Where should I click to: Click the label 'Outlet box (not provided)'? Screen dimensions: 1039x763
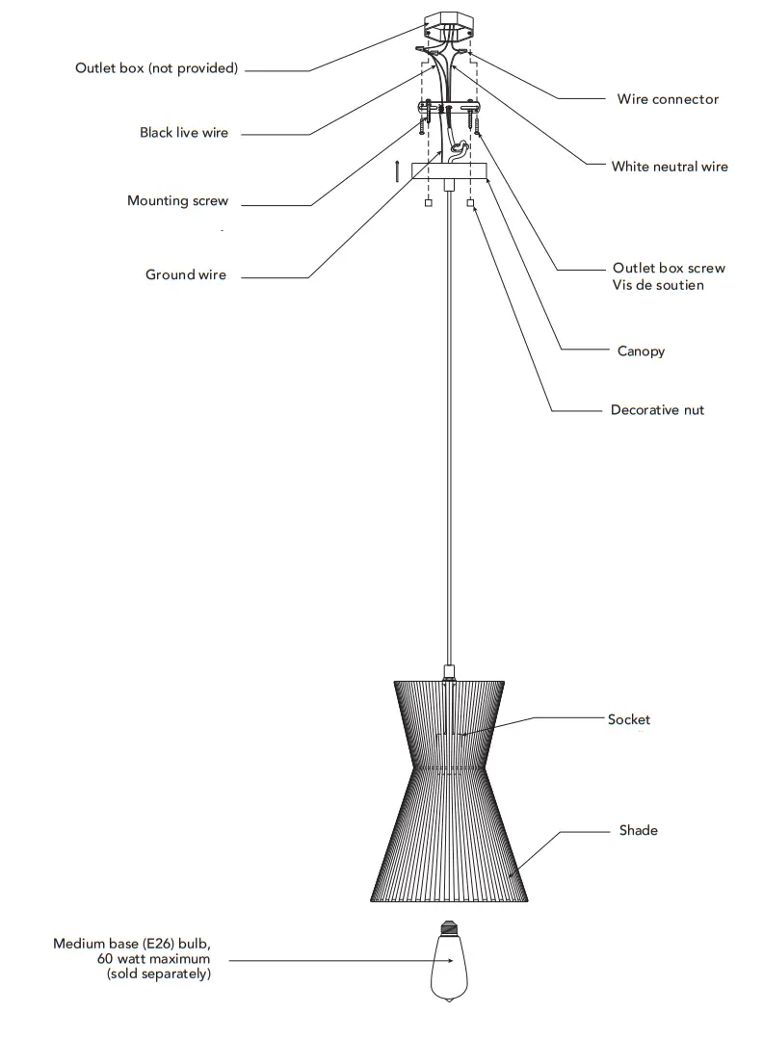pyautogui.click(x=156, y=68)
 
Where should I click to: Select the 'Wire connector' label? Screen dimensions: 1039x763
pyautogui.click(x=668, y=99)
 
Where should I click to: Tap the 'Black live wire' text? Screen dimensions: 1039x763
pyautogui.click(x=184, y=133)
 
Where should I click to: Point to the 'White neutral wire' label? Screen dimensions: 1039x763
pyautogui.click(x=670, y=167)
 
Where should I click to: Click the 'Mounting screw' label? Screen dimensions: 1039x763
pyautogui.click(x=177, y=201)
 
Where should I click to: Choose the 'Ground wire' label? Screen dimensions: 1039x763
pyautogui.click(x=186, y=275)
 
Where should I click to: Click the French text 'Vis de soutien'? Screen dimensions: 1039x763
pyautogui.click(x=657, y=285)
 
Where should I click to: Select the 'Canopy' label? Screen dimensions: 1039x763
pyautogui.click(x=641, y=351)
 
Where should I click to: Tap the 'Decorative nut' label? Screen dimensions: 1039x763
pyautogui.click(x=657, y=410)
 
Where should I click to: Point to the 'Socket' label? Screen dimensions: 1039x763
pyautogui.click(x=628, y=719)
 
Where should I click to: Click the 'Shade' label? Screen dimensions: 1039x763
pyautogui.click(x=638, y=830)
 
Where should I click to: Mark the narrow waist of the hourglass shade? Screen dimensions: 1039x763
pyautogui.click(x=449, y=766)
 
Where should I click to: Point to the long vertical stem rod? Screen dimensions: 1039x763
pyautogui.click(x=449, y=433)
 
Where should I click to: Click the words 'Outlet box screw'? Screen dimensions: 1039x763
pyautogui.click(x=669, y=268)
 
